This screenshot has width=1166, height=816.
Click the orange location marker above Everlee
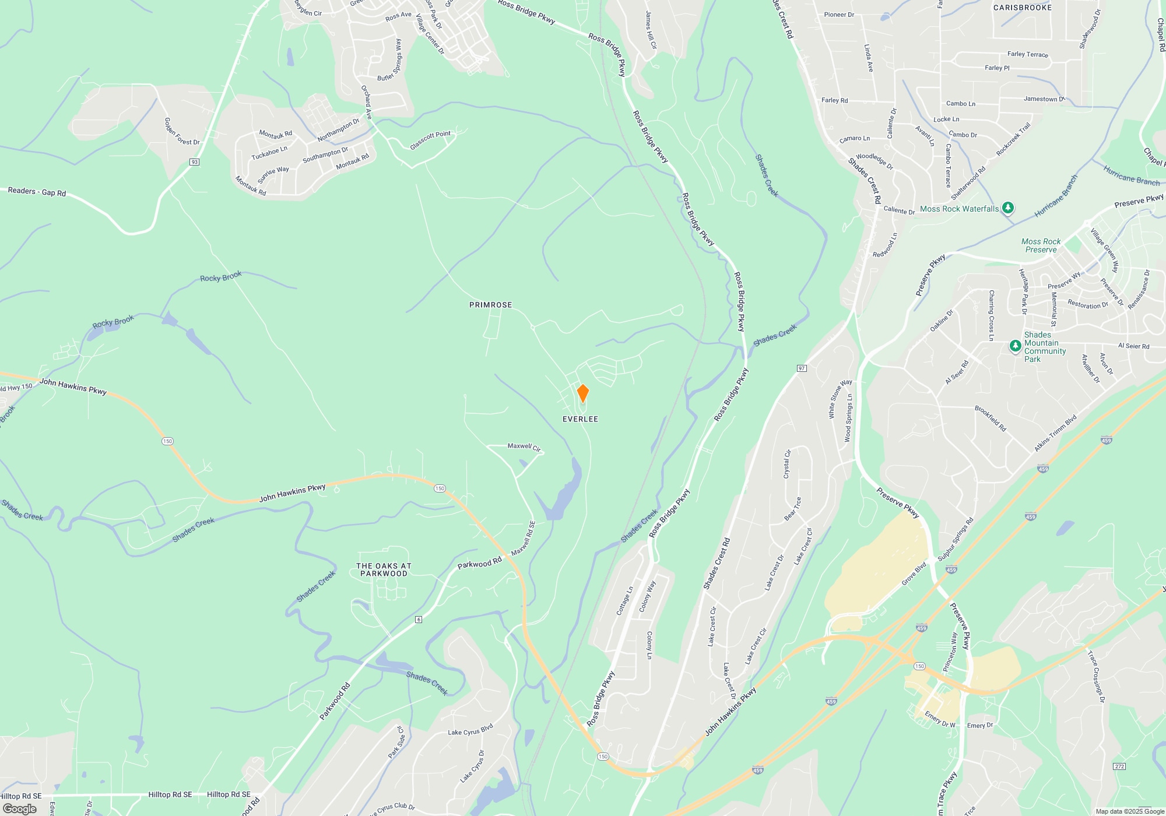582,393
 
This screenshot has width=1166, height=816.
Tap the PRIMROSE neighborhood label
490,305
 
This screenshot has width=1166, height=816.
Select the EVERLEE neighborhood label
580,419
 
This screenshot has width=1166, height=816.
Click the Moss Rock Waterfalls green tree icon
1008,208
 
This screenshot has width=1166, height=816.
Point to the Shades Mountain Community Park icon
1016,346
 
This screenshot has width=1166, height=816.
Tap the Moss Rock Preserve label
1041,245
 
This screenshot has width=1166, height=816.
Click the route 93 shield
195,162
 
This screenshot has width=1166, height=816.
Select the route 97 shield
802,368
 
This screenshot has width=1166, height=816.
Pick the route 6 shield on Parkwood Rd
419,619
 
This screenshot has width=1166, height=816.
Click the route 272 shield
1119,766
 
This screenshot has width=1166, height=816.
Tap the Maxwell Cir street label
524,446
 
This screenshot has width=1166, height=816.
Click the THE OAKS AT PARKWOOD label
384,569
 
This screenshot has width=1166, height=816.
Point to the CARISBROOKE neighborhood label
1023,8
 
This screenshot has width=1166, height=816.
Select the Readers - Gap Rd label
37,191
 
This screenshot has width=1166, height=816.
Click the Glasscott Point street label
430,140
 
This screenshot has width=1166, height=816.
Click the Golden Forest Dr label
181,132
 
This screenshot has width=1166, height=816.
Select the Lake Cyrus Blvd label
470,729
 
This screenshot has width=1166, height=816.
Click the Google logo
19,808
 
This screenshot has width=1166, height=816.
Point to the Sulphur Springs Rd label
956,539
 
